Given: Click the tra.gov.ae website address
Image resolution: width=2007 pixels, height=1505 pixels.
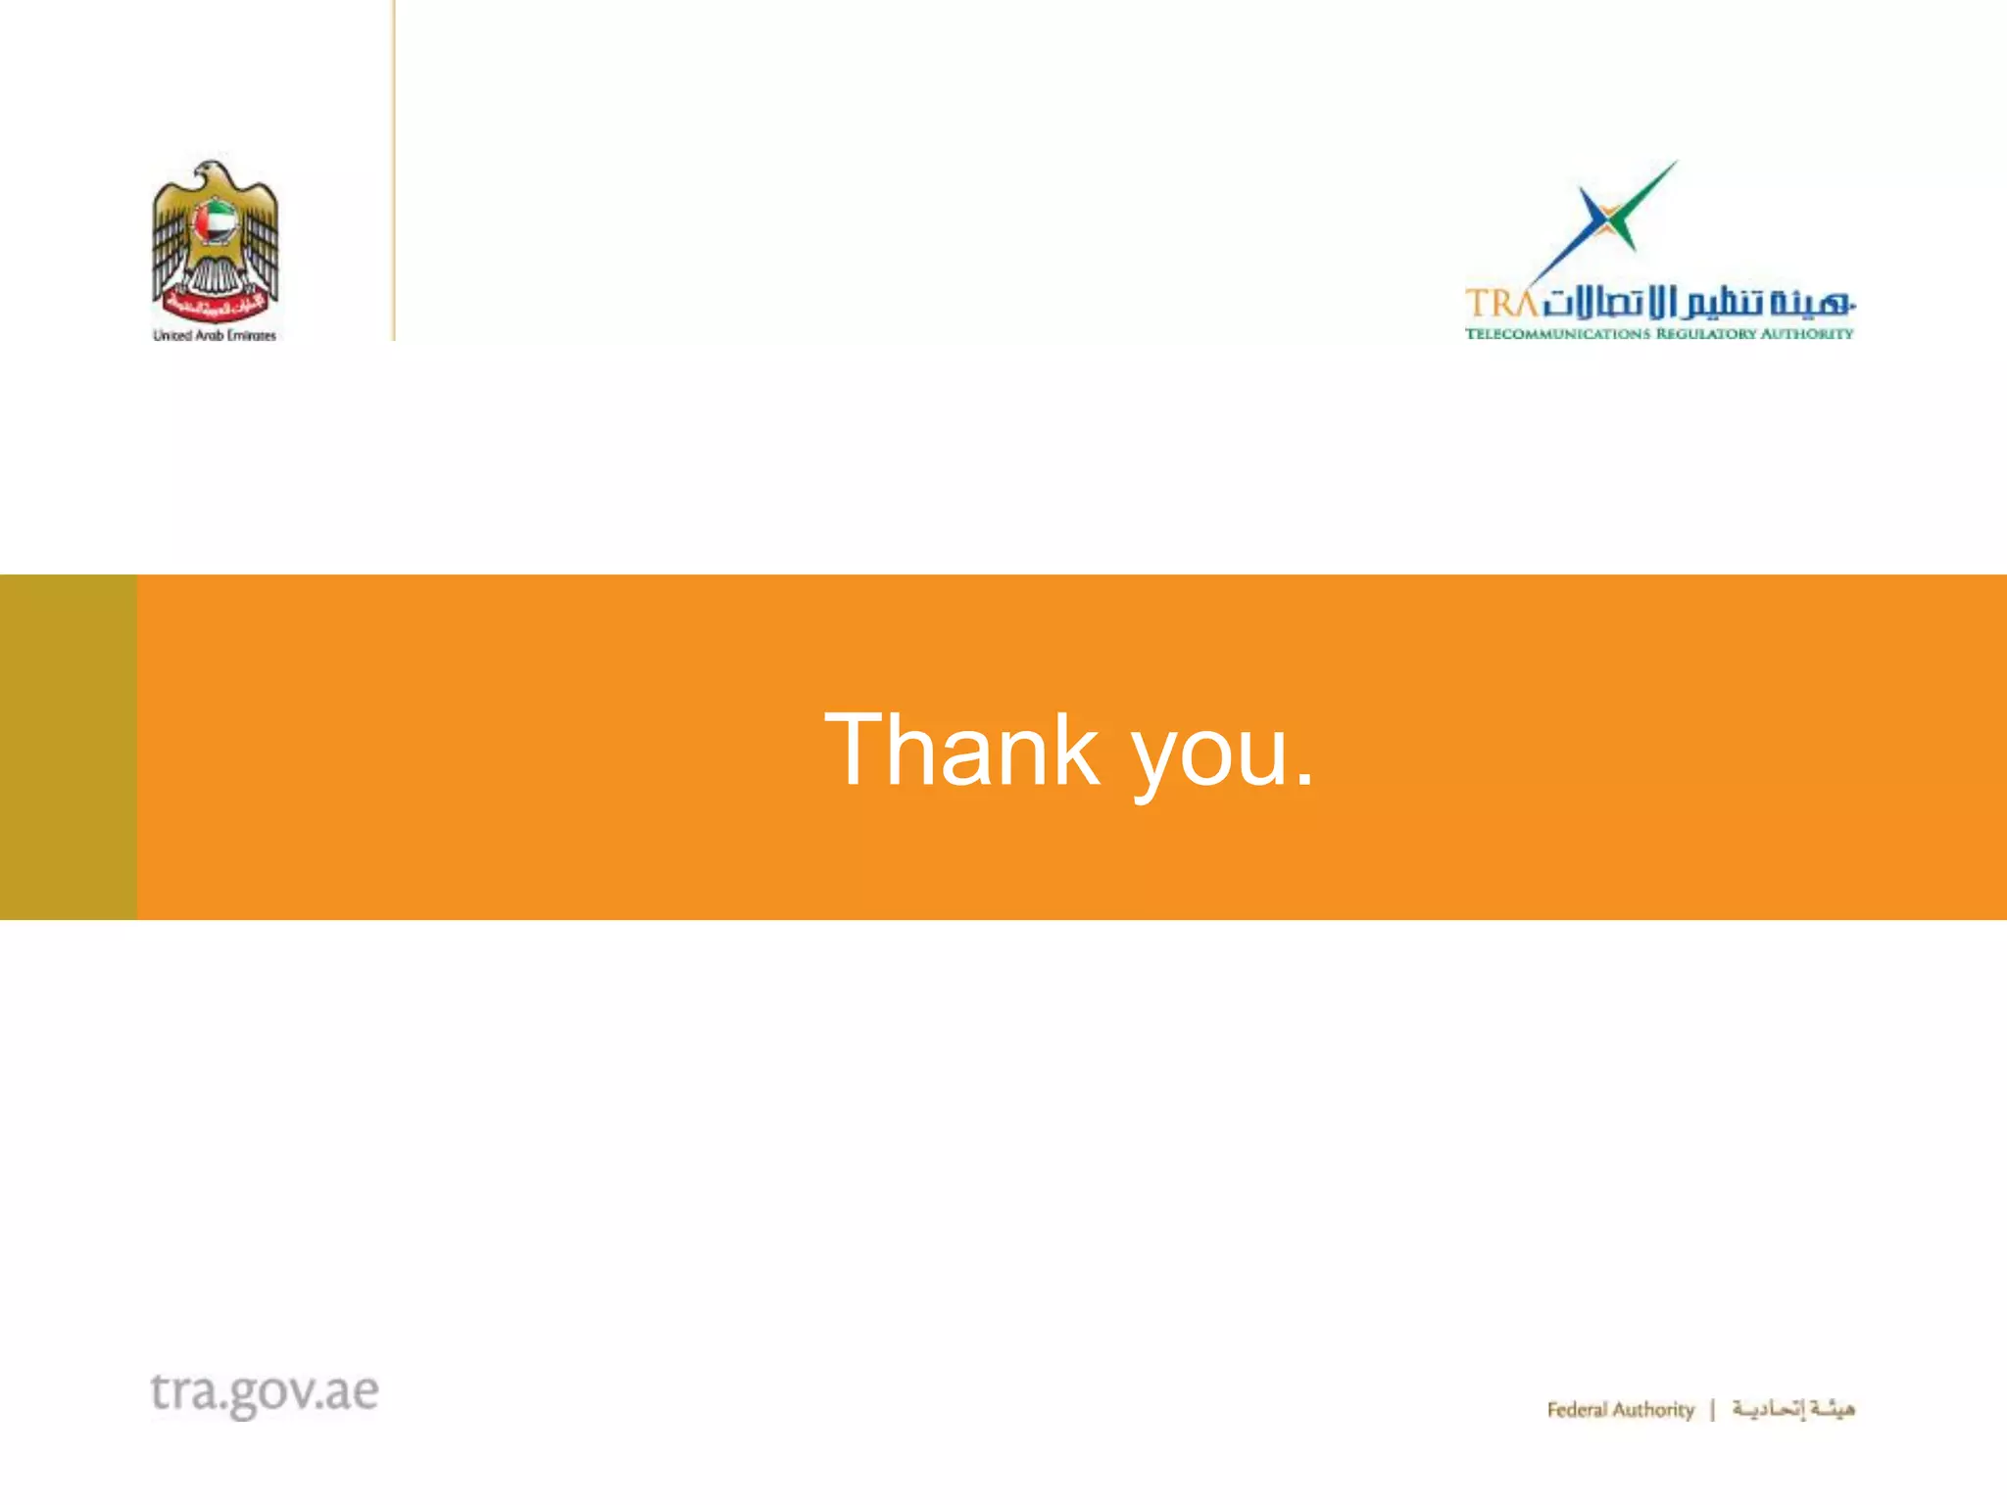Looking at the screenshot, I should pos(265,1392).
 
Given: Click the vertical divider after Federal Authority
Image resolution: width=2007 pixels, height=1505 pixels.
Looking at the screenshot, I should pos(1713,1410).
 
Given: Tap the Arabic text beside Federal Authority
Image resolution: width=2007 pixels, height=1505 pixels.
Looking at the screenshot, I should pos(1793,1409).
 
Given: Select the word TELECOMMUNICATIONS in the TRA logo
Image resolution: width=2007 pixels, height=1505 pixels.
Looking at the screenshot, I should pos(1557,334).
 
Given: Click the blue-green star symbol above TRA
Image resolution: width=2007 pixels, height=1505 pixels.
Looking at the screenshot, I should pos(1607,220).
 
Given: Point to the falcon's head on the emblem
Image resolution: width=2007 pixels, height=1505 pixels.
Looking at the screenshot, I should pos(213,174).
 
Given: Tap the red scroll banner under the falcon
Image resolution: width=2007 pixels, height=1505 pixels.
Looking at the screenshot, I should pos(215,308).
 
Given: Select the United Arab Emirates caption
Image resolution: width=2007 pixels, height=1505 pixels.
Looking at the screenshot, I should pos(215,335).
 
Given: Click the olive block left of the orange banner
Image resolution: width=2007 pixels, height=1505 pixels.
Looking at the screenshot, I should pos(68,747).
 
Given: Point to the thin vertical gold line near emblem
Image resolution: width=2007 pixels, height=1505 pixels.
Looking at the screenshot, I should pos(394,170).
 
